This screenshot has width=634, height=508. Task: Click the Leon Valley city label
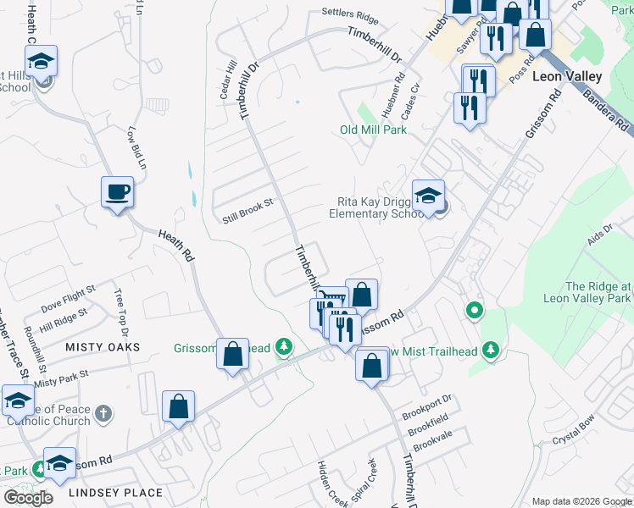567,76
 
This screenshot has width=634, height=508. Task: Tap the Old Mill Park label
373,130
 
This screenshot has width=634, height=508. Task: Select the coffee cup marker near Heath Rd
117,191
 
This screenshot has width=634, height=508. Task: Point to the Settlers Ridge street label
349,15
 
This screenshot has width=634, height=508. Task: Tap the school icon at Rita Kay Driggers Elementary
429,196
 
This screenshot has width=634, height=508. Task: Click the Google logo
28,497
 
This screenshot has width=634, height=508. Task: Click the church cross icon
103,413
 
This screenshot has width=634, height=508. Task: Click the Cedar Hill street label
227,80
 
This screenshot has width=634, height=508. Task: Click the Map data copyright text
581,501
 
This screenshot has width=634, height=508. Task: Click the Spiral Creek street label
361,478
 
